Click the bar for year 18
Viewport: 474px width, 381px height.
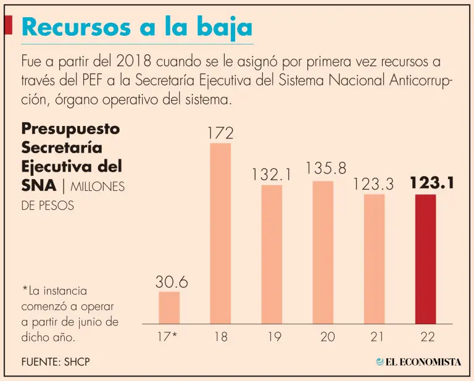tap(220, 233)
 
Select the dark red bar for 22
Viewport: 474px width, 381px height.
tap(425, 259)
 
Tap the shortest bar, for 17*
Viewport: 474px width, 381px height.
tap(168, 308)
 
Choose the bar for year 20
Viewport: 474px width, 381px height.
tap(323, 252)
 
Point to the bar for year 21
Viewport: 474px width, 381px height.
tap(374, 259)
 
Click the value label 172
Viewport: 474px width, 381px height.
tap(220, 132)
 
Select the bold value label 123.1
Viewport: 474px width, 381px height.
tap(432, 183)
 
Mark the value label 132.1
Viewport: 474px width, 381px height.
tap(271, 175)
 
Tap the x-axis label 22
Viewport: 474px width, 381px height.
tap(426, 337)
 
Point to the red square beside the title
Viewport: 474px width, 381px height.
tap(8, 25)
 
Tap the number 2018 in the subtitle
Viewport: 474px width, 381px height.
tap(134, 62)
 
